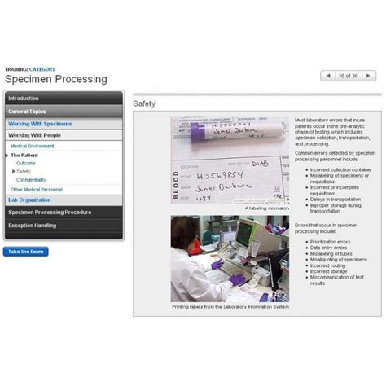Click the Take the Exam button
(x=26, y=252)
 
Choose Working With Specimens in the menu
(x=40, y=124)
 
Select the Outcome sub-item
(x=26, y=163)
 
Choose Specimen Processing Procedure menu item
(x=50, y=212)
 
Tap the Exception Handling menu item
(x=33, y=225)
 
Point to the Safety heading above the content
(x=144, y=104)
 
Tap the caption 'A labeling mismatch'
(x=266, y=208)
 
